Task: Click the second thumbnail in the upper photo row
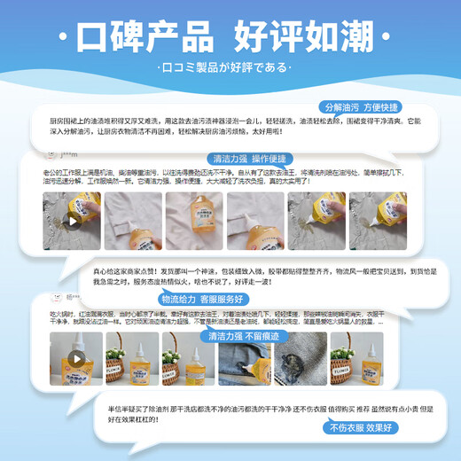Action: (x=132, y=221)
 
